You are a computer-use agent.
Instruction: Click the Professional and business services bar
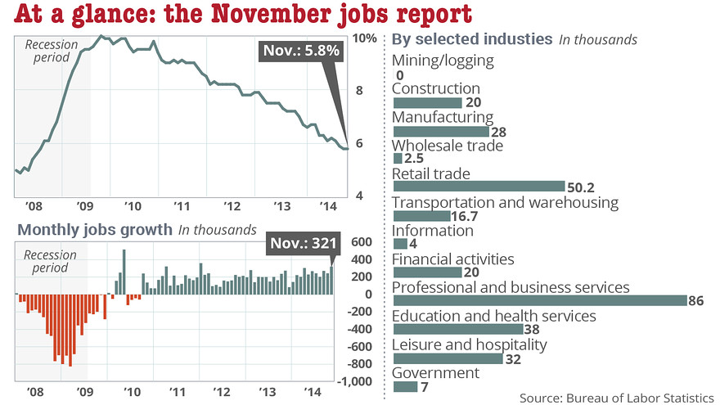coord(540,300)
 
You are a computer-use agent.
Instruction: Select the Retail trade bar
coord(479,187)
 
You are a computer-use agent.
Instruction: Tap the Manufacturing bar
coord(440,131)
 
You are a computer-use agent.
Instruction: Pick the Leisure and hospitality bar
coord(449,358)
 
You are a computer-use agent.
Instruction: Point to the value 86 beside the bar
coord(696,301)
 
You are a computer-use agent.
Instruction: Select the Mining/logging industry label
coord(443,60)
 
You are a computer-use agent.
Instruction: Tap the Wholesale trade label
coord(448,146)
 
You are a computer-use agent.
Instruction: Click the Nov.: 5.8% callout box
coord(301,52)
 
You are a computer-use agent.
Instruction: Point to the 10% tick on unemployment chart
coord(366,38)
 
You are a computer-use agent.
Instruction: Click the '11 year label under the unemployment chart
coord(181,205)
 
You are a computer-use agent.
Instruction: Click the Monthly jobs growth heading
coord(94,230)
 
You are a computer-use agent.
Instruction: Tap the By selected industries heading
coord(472,39)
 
